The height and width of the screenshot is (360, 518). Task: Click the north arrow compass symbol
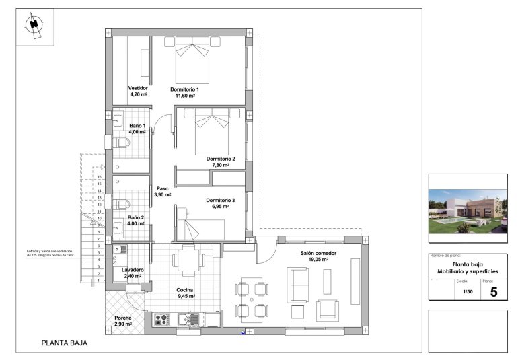[x=33, y=26]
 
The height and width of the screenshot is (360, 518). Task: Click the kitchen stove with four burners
[x=162, y=319]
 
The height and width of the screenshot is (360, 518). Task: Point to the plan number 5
[x=494, y=292]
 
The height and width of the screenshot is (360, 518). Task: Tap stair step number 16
[x=99, y=176]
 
